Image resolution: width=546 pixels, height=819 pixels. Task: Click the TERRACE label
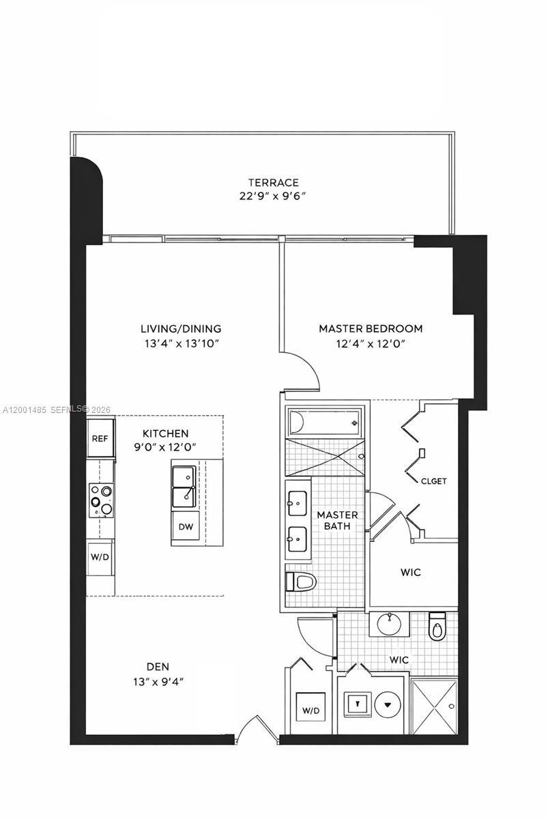273,182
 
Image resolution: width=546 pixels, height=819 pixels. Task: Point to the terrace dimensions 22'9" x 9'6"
273,197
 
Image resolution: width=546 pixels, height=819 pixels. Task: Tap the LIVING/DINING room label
181,328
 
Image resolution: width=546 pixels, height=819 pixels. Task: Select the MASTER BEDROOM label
371,328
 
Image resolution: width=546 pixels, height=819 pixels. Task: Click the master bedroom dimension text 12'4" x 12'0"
371,344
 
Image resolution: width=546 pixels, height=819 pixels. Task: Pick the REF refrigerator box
100,438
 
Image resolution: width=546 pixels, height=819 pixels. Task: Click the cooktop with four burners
100,500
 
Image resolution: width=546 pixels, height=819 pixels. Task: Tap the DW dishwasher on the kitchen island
185,526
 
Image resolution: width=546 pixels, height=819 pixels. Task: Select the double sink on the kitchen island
185,487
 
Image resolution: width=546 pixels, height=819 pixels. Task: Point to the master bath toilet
302,581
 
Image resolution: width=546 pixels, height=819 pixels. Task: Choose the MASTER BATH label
337,520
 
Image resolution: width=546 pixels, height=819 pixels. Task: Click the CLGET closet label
434,481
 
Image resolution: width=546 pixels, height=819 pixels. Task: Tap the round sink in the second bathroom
390,622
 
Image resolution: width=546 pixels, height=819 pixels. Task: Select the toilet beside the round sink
437,627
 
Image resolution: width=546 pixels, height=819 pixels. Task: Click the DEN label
158,666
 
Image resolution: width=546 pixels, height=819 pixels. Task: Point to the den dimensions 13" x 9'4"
158,681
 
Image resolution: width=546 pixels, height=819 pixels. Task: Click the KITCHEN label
165,433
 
